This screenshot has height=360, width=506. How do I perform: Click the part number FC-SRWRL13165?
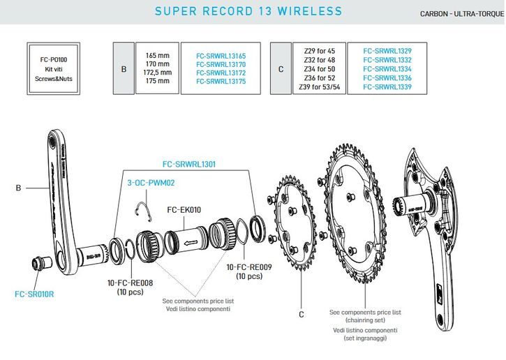(x=221, y=54)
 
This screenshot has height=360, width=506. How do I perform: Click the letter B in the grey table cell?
(x=124, y=68)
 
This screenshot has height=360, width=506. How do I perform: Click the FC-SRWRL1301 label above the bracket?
(x=189, y=165)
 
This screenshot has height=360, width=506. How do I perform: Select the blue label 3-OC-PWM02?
(x=150, y=183)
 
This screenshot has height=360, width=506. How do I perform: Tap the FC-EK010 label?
(x=184, y=209)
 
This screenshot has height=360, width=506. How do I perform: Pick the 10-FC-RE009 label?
(x=250, y=267)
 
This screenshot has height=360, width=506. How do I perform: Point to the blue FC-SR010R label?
(x=34, y=294)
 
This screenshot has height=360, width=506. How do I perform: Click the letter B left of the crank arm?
(x=19, y=187)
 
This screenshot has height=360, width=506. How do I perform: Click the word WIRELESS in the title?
(x=311, y=11)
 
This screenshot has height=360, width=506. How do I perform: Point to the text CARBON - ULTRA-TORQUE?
(x=462, y=14)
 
